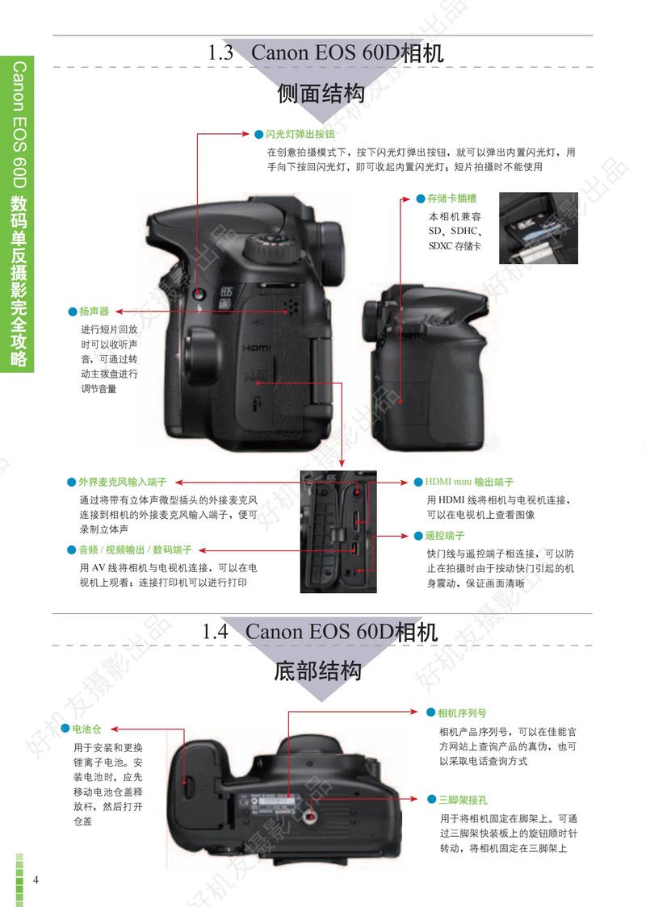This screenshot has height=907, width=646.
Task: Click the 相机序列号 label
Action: (461, 713)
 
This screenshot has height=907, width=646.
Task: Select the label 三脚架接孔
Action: (462, 799)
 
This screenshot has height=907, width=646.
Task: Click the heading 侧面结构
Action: (321, 95)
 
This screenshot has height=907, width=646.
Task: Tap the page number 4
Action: (36, 879)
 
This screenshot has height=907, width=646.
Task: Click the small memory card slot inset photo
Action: (538, 228)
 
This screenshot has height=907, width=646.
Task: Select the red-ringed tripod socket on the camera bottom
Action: (311, 817)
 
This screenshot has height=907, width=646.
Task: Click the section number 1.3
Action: (220, 53)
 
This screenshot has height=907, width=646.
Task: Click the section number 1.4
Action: (217, 631)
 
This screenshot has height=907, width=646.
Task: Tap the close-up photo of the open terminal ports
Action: (338, 532)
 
